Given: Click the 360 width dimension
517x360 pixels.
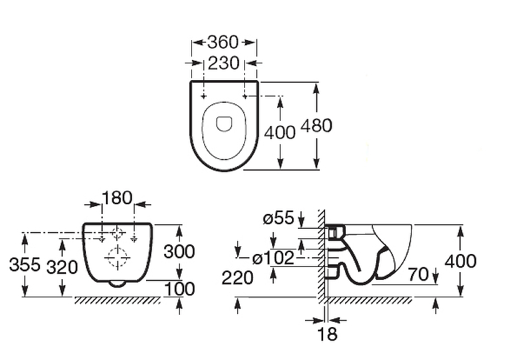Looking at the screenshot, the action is click(x=223, y=43).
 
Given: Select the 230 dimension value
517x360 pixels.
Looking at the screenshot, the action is click(x=224, y=63).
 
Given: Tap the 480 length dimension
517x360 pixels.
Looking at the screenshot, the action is click(x=316, y=125).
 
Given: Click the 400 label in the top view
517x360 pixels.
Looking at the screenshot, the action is click(x=280, y=132).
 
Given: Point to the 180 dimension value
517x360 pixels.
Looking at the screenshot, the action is click(x=117, y=198).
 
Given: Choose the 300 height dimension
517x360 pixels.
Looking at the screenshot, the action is click(x=180, y=252).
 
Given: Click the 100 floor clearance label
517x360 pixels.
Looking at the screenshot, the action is click(x=180, y=289).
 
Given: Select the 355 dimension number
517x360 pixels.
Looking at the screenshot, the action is click(x=25, y=264).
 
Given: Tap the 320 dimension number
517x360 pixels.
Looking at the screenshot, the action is click(x=62, y=267).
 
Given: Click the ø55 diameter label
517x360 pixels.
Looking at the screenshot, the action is click(x=279, y=218).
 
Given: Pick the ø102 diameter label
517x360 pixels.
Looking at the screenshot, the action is click(x=273, y=258).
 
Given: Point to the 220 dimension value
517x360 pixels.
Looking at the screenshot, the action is click(x=237, y=277).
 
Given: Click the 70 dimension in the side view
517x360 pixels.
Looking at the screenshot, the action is click(x=418, y=274).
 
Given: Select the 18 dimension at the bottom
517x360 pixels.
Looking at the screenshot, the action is click(x=327, y=334).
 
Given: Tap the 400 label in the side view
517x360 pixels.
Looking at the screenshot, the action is click(x=461, y=261).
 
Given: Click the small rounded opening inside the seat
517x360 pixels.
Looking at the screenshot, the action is click(x=224, y=124).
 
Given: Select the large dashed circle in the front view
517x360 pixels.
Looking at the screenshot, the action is click(x=118, y=257).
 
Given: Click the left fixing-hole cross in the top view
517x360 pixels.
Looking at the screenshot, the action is click(x=204, y=96).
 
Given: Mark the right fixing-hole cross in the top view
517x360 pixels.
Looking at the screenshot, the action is click(x=245, y=96).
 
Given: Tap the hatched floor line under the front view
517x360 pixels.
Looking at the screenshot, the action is click(x=118, y=300).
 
